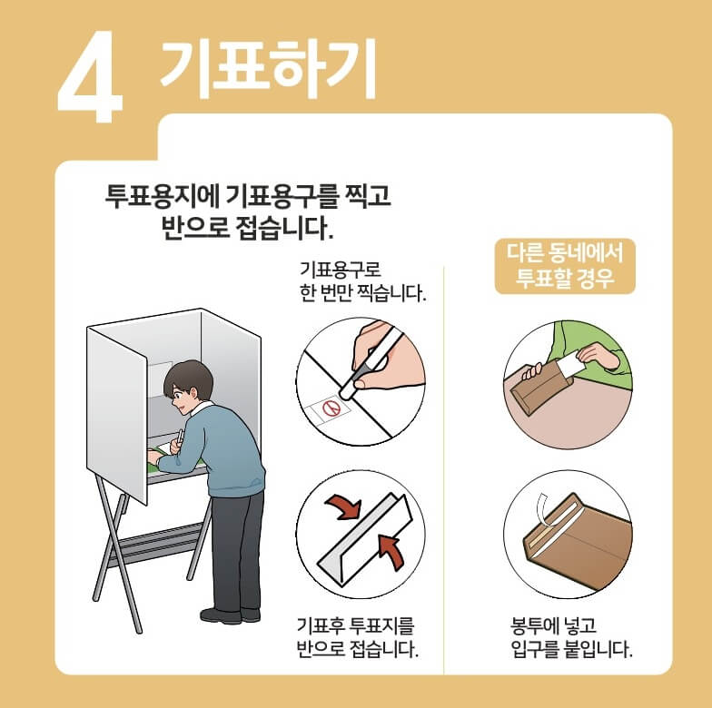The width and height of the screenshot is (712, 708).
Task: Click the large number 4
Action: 91,82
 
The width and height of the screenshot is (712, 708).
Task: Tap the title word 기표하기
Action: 267,69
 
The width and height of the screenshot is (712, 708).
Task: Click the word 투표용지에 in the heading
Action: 160,196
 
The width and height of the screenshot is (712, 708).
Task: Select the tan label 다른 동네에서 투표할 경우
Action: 564,265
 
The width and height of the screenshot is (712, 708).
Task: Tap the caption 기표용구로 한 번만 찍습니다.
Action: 361,282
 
